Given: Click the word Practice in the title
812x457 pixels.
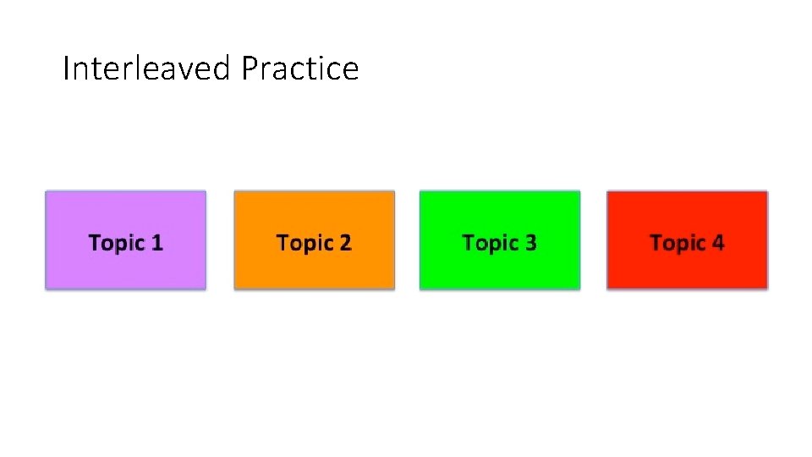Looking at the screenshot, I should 299,69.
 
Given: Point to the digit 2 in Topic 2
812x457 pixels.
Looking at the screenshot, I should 344,244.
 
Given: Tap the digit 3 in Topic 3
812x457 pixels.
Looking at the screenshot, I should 530,244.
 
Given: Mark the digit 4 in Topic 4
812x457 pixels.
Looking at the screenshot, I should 717,244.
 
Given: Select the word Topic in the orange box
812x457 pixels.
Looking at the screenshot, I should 302,244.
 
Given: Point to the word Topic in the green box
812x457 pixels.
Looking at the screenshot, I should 488,244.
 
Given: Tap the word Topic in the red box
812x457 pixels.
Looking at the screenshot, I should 675,244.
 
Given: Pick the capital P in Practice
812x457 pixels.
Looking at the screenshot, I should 248,69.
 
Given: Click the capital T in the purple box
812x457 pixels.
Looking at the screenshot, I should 95,243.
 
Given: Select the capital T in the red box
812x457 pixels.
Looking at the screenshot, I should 656,243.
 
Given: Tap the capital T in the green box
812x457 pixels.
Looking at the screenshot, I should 469,243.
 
